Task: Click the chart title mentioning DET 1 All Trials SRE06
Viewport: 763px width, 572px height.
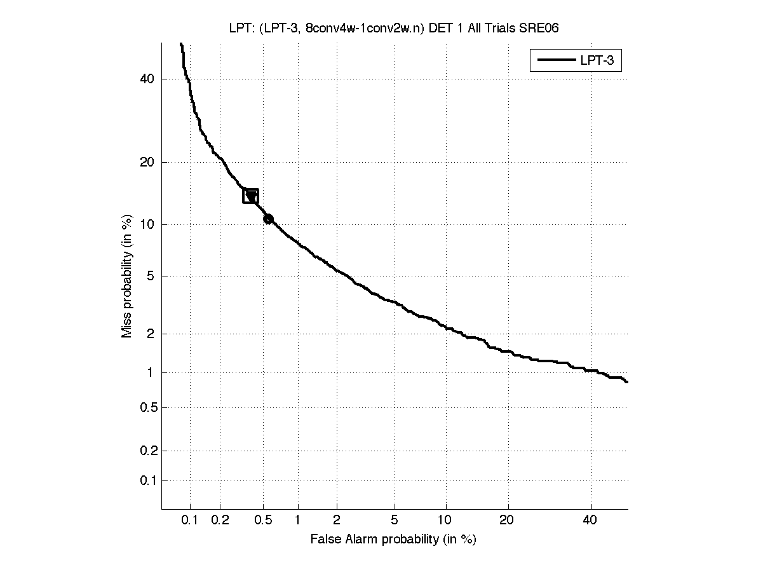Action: [393, 27]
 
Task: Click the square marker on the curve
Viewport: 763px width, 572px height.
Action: [250, 196]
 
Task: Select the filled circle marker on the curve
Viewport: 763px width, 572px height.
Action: [268, 219]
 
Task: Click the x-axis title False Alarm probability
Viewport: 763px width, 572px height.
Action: [393, 540]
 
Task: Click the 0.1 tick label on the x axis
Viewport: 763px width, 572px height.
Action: [190, 521]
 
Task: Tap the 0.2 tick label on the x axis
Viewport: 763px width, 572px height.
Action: [220, 521]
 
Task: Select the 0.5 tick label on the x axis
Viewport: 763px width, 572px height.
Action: [263, 521]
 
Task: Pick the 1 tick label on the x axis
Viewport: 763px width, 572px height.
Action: [297, 521]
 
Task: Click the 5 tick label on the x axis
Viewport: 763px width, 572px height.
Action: [395, 521]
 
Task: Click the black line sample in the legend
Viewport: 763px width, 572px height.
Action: [555, 61]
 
